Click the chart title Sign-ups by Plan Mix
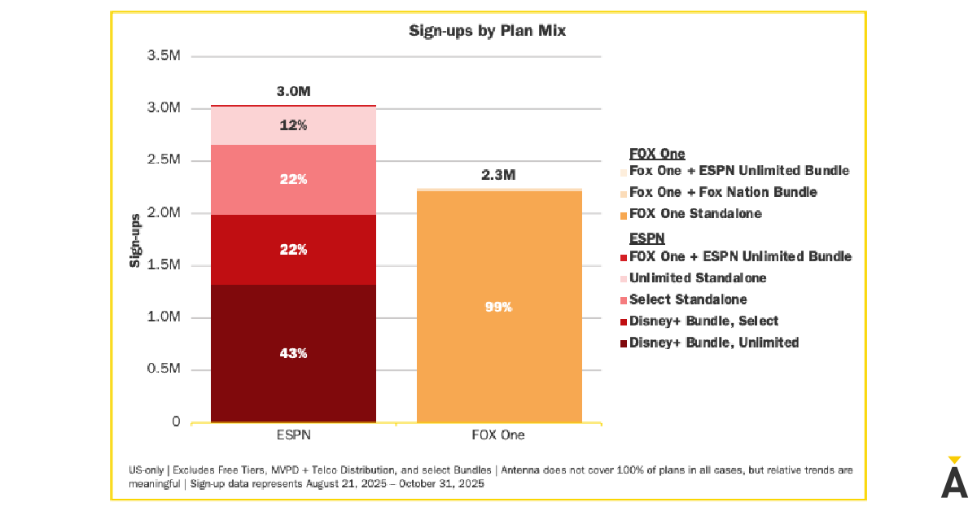click(487, 32)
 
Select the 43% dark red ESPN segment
click(293, 353)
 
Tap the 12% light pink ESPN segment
click(293, 125)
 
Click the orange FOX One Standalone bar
click(498, 244)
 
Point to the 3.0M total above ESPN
click(293, 91)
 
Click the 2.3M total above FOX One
click(498, 175)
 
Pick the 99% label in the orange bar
click(498, 307)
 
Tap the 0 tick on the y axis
click(175, 421)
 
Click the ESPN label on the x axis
click(293, 435)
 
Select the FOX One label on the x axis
click(498, 435)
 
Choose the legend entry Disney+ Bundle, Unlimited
click(713, 343)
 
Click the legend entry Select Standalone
click(687, 299)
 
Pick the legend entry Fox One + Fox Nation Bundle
click(722, 192)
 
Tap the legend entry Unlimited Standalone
click(697, 278)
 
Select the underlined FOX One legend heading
click(657, 153)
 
